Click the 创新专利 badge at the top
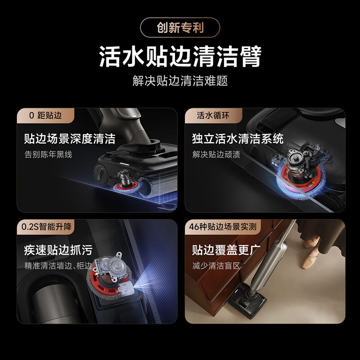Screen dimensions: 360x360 (180, 28)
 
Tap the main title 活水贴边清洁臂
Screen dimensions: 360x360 (180, 57)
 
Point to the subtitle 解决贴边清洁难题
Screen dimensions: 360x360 (180, 81)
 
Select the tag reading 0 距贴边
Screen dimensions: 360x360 (45, 116)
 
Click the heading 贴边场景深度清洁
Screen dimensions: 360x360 (69, 138)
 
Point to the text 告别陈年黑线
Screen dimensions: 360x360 (48, 154)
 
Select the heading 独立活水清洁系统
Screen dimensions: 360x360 (238, 138)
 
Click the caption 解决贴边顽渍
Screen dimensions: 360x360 (216, 154)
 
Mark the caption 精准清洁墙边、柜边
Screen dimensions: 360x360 (58, 265)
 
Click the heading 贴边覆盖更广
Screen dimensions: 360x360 (226, 250)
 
